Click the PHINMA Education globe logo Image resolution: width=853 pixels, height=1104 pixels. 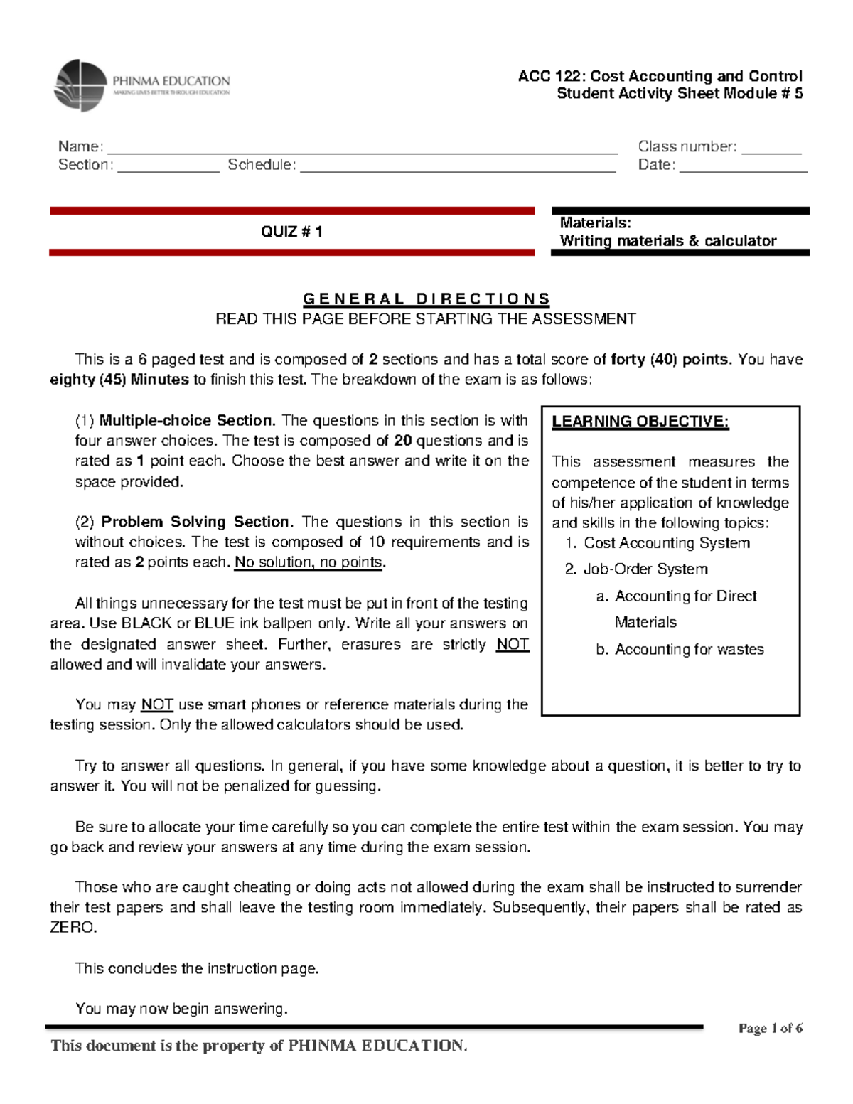pyautogui.click(x=80, y=85)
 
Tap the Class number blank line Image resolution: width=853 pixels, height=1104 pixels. pyautogui.click(x=771, y=151)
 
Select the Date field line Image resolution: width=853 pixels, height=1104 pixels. pyautogui.click(x=743, y=171)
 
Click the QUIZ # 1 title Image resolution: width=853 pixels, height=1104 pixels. pyautogui.click(x=291, y=232)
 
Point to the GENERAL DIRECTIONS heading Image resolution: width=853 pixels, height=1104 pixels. pyautogui.click(x=426, y=299)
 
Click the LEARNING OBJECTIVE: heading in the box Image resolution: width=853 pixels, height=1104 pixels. pyautogui.click(x=640, y=422)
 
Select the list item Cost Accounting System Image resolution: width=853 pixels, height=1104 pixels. pyautogui.click(x=666, y=543)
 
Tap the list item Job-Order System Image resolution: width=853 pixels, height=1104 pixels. pyautogui.click(x=645, y=569)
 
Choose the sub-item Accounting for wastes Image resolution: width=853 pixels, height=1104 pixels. pyautogui.click(x=689, y=650)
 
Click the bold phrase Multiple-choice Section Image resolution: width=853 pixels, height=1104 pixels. pyautogui.click(x=186, y=421)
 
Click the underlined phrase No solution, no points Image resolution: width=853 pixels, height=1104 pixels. pyautogui.click(x=309, y=562)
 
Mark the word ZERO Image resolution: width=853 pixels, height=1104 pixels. pyautogui.click(x=72, y=928)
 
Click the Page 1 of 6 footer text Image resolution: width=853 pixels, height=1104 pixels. pyautogui.click(x=771, y=1029)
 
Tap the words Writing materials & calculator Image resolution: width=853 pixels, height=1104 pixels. pyautogui.click(x=667, y=241)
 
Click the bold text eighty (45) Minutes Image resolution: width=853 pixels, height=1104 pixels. pyautogui.click(x=119, y=380)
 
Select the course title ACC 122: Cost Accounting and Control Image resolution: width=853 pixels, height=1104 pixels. pyautogui.click(x=660, y=76)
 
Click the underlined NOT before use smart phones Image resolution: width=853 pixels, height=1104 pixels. pyautogui.click(x=157, y=704)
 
